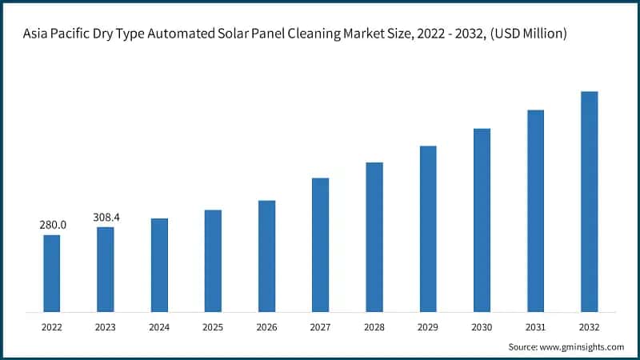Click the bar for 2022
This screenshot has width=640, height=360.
(x=51, y=273)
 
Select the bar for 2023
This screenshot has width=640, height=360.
(x=106, y=269)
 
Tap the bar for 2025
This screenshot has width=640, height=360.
(x=213, y=261)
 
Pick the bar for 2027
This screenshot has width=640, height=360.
(x=320, y=245)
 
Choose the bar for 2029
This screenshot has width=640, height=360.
(x=428, y=229)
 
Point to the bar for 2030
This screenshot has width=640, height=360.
(x=482, y=220)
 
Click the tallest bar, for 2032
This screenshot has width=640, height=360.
(x=589, y=202)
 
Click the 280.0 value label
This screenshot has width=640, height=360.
(x=53, y=225)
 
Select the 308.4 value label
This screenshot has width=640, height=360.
(x=106, y=217)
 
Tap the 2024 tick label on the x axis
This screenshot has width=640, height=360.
(x=159, y=327)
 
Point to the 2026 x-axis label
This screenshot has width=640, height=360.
(x=266, y=327)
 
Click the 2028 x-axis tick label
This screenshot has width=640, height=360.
(x=374, y=327)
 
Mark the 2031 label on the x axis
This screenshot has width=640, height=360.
(x=535, y=327)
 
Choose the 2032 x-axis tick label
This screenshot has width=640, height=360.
(x=589, y=327)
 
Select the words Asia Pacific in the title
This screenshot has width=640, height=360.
(x=57, y=34)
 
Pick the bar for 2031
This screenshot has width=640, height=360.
(x=535, y=210)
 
